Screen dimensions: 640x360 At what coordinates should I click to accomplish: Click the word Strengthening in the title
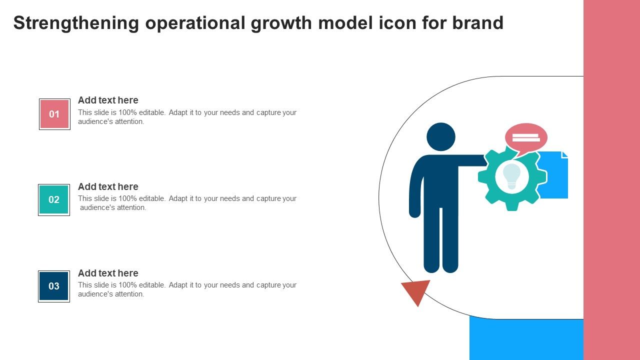click(76, 23)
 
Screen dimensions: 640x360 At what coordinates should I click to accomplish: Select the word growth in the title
click(281, 23)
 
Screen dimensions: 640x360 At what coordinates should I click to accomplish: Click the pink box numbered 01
click(54, 114)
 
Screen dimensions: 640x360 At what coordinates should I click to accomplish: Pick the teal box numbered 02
click(54, 199)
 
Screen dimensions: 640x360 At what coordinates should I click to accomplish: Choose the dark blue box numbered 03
click(54, 286)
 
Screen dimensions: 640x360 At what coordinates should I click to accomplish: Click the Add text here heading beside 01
click(108, 100)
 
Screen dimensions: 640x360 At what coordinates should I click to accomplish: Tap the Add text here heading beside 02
click(108, 186)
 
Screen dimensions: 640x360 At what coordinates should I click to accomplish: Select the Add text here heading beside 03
click(108, 273)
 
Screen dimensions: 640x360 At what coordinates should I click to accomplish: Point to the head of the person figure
click(441, 137)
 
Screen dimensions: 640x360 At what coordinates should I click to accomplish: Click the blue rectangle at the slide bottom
click(526, 338)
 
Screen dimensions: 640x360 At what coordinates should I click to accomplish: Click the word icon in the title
click(397, 22)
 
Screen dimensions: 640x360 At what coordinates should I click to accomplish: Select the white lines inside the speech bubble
click(526, 137)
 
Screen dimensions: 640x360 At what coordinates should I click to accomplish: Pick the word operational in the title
click(195, 23)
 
